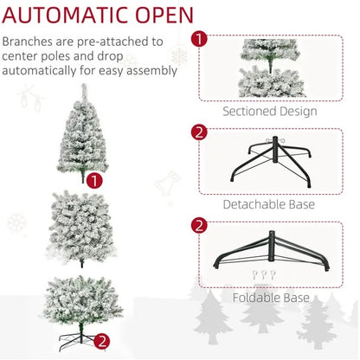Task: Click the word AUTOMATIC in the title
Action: [70, 16]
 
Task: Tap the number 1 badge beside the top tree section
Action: [93, 180]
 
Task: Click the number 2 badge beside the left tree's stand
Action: [101, 341]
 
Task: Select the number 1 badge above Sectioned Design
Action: [198, 39]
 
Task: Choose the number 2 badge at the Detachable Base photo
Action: [198, 132]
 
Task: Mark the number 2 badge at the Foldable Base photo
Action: [198, 226]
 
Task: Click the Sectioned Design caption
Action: [269, 112]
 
